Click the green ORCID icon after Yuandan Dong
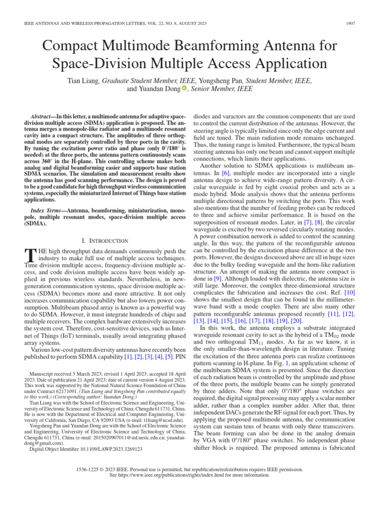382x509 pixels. pos(185,88)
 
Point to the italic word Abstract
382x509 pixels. pos(41,115)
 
